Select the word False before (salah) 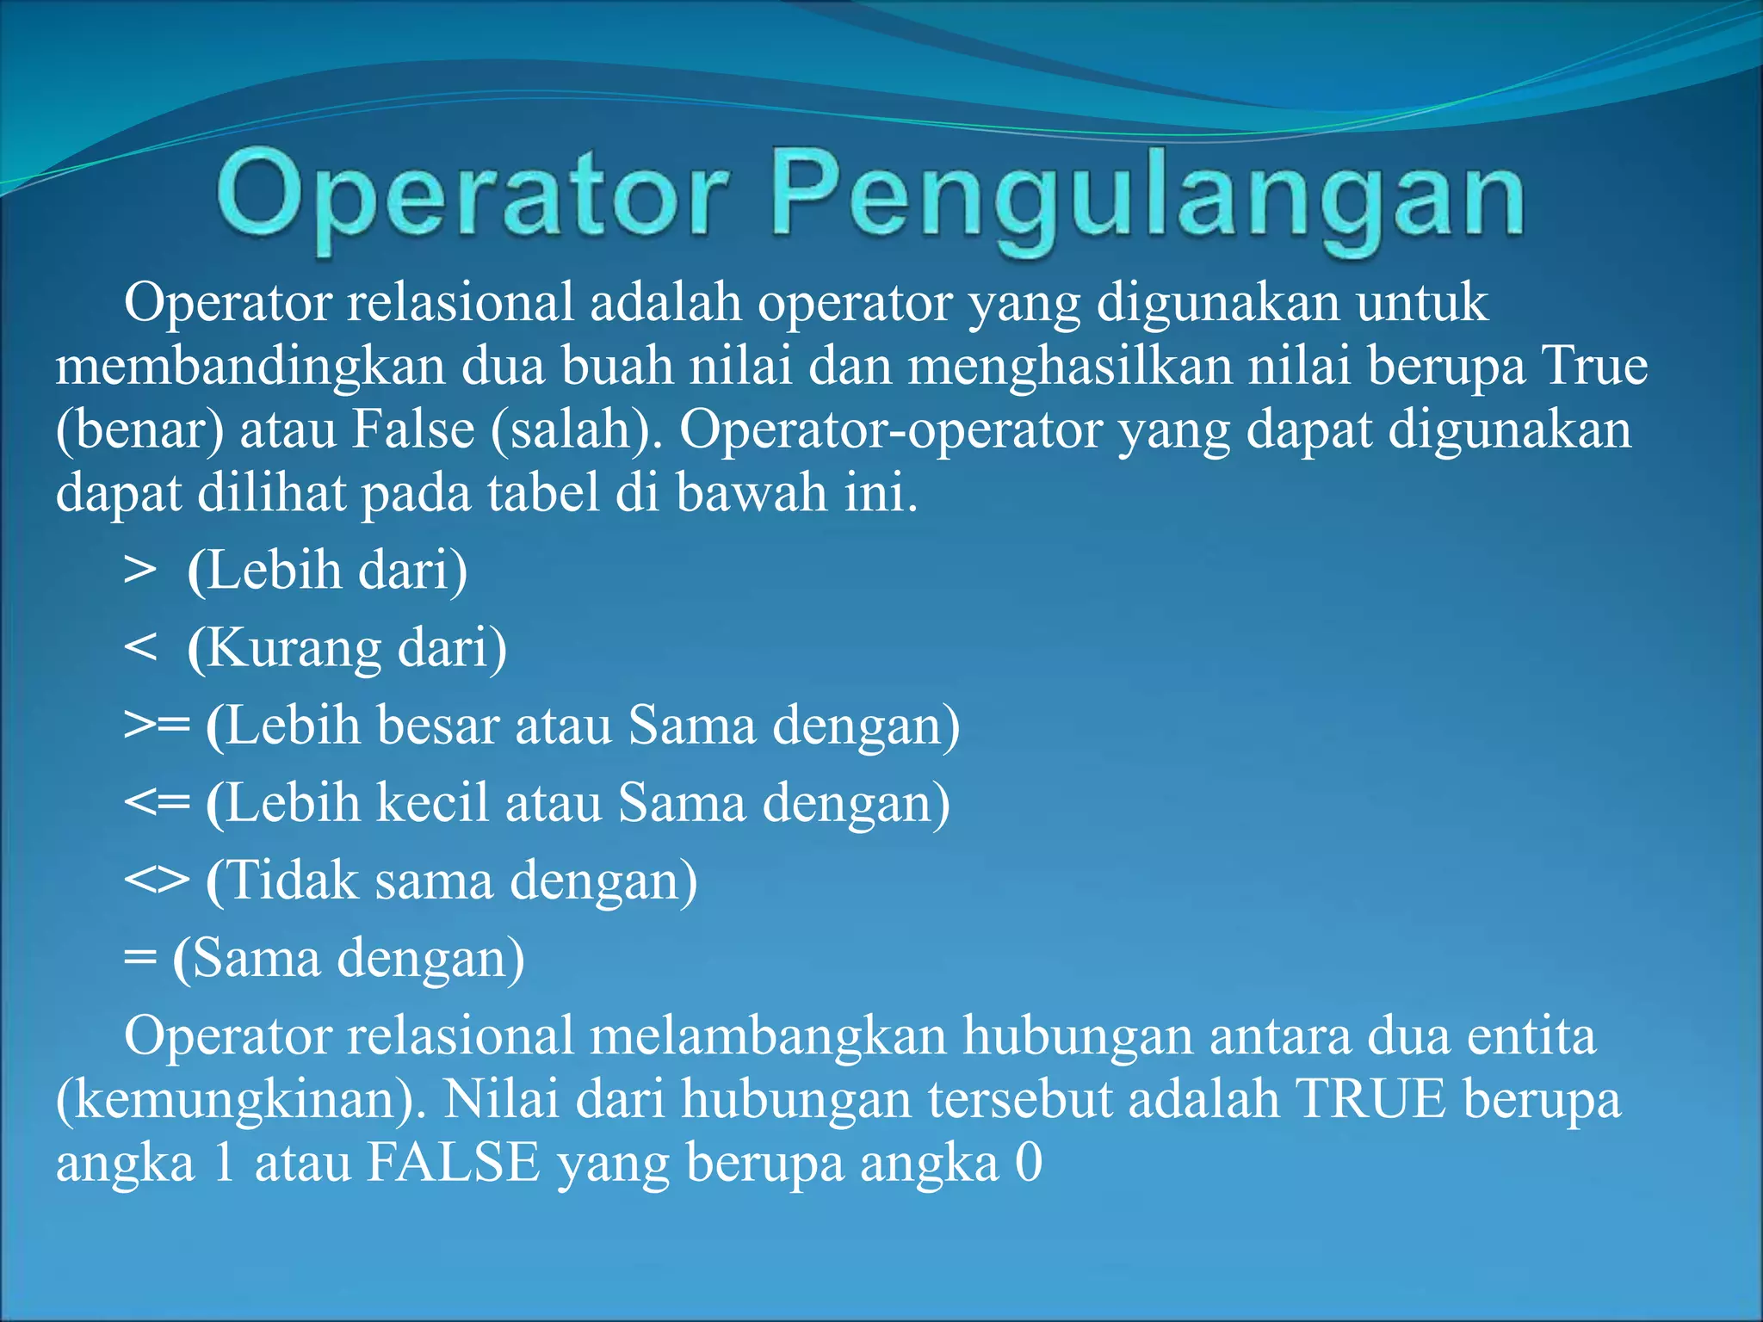tap(413, 429)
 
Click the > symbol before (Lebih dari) tap(140, 571)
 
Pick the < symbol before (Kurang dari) tap(140, 648)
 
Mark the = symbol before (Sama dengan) tap(139, 958)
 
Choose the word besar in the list tap(438, 726)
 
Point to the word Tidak tap(293, 880)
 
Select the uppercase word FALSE tap(454, 1163)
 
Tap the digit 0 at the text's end tap(1029, 1163)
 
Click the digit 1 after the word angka tap(225, 1163)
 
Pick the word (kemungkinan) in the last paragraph tap(241, 1101)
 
